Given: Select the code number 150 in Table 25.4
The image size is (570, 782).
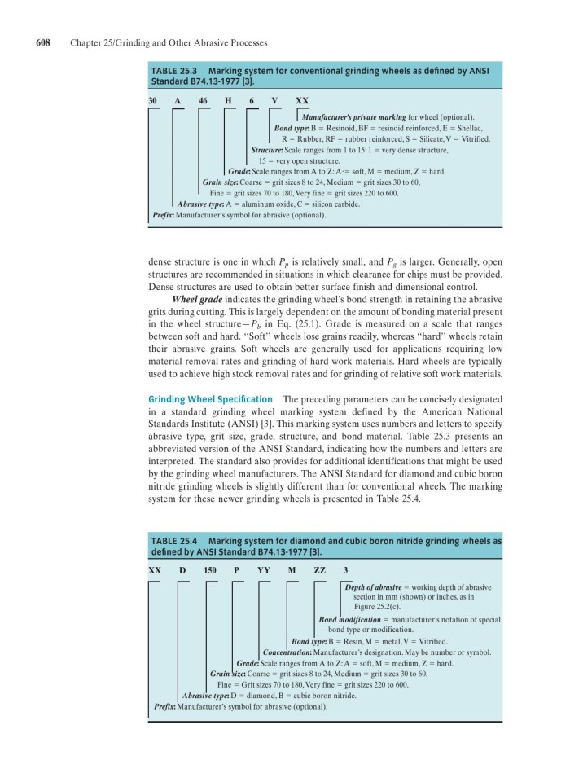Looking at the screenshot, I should [x=209, y=570].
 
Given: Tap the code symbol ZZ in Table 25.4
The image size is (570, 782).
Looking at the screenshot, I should [x=319, y=570].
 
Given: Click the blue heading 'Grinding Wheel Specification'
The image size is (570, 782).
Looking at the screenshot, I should [x=210, y=399].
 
